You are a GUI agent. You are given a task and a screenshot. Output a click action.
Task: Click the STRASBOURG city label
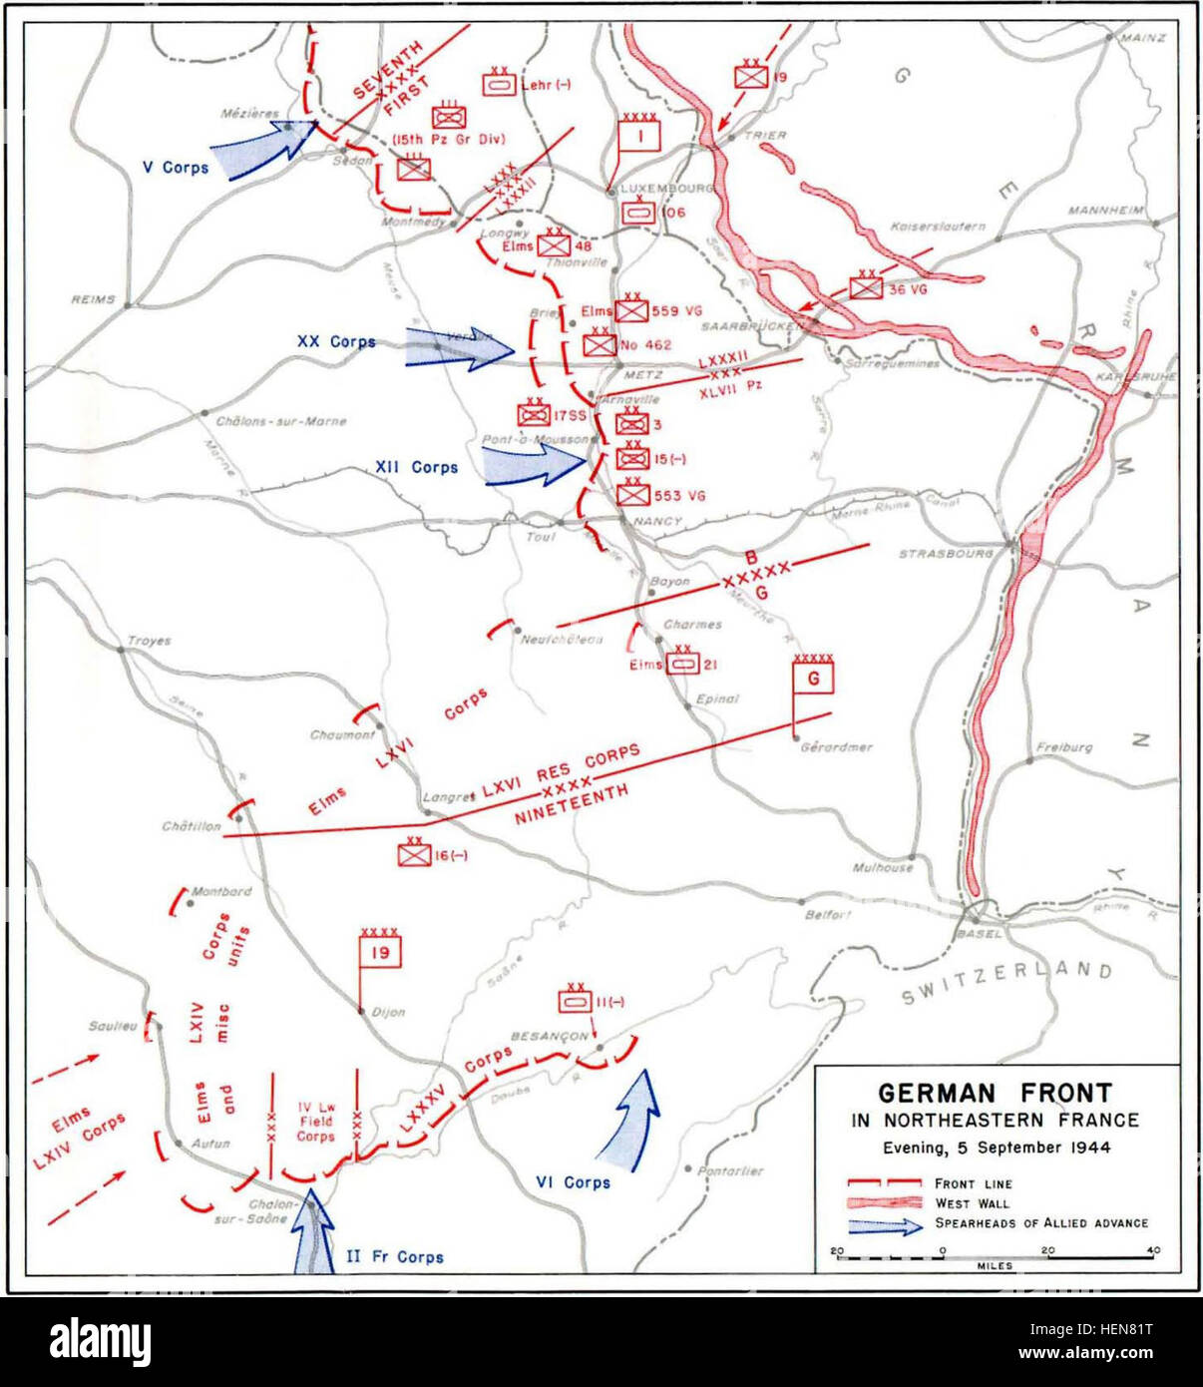945,553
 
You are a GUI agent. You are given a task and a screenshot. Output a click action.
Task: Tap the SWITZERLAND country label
1006,982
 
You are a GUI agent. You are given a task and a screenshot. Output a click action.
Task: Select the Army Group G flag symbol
813,679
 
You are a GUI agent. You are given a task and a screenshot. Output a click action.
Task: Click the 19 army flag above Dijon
379,953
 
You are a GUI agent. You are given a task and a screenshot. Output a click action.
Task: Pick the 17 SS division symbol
534,413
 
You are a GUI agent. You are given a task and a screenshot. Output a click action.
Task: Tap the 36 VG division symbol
866,287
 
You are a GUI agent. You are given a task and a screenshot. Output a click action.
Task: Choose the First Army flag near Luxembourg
639,134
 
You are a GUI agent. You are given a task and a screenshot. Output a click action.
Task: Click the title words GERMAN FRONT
995,1093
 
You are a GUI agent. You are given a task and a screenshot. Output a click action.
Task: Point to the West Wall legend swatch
883,1203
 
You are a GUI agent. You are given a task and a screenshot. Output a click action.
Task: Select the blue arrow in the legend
884,1224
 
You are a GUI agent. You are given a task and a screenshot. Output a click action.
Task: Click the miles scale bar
995,1255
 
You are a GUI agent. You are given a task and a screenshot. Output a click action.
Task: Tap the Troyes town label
149,641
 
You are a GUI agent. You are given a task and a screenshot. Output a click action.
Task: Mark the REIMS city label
93,299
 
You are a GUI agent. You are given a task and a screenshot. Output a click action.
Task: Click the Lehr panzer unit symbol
500,85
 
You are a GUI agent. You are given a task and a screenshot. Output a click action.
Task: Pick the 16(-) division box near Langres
413,854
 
